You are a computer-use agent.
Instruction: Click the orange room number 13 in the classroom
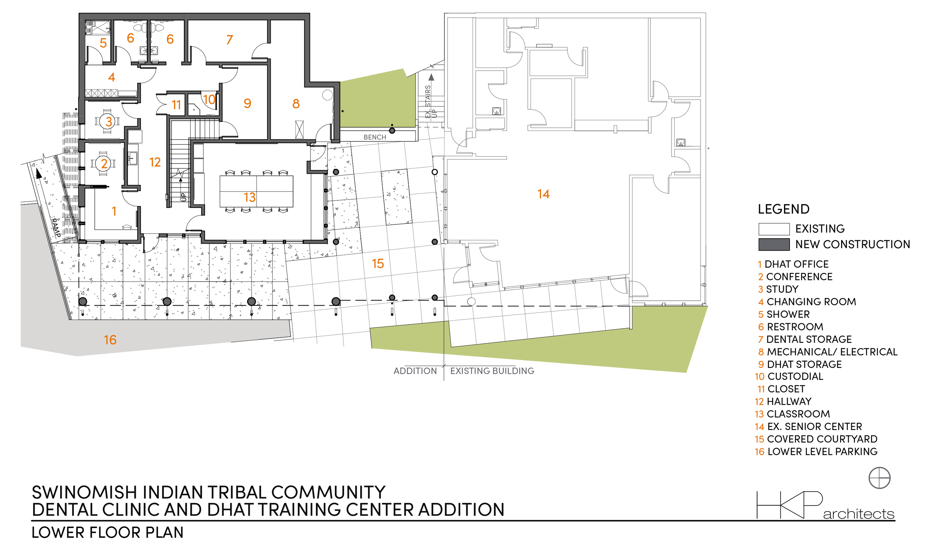[x=249, y=197]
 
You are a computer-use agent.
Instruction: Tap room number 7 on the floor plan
[x=230, y=39]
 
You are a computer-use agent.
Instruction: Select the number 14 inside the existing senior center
[x=543, y=194]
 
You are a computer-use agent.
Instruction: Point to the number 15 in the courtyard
[x=378, y=263]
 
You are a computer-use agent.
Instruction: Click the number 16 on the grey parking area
[x=110, y=340]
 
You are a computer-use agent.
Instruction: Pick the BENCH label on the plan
[x=374, y=137]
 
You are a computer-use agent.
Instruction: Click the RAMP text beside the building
[x=56, y=227]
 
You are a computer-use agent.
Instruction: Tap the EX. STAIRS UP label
[x=431, y=101]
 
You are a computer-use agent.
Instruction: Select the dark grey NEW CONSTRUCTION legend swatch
[x=774, y=244]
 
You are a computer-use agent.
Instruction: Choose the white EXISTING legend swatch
[x=774, y=229]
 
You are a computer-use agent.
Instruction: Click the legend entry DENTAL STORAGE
[x=809, y=339]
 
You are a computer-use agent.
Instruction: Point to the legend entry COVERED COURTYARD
[x=822, y=439]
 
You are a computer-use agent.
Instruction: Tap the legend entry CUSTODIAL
[x=795, y=376]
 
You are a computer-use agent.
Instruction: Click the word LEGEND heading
[x=784, y=209]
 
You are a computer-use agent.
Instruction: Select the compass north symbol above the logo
[x=879, y=478]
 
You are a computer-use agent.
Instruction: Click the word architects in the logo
[x=859, y=514]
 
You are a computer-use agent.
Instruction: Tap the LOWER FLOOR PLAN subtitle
[x=108, y=533]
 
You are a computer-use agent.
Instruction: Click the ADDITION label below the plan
[x=415, y=371]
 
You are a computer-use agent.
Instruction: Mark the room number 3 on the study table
[x=109, y=121]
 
